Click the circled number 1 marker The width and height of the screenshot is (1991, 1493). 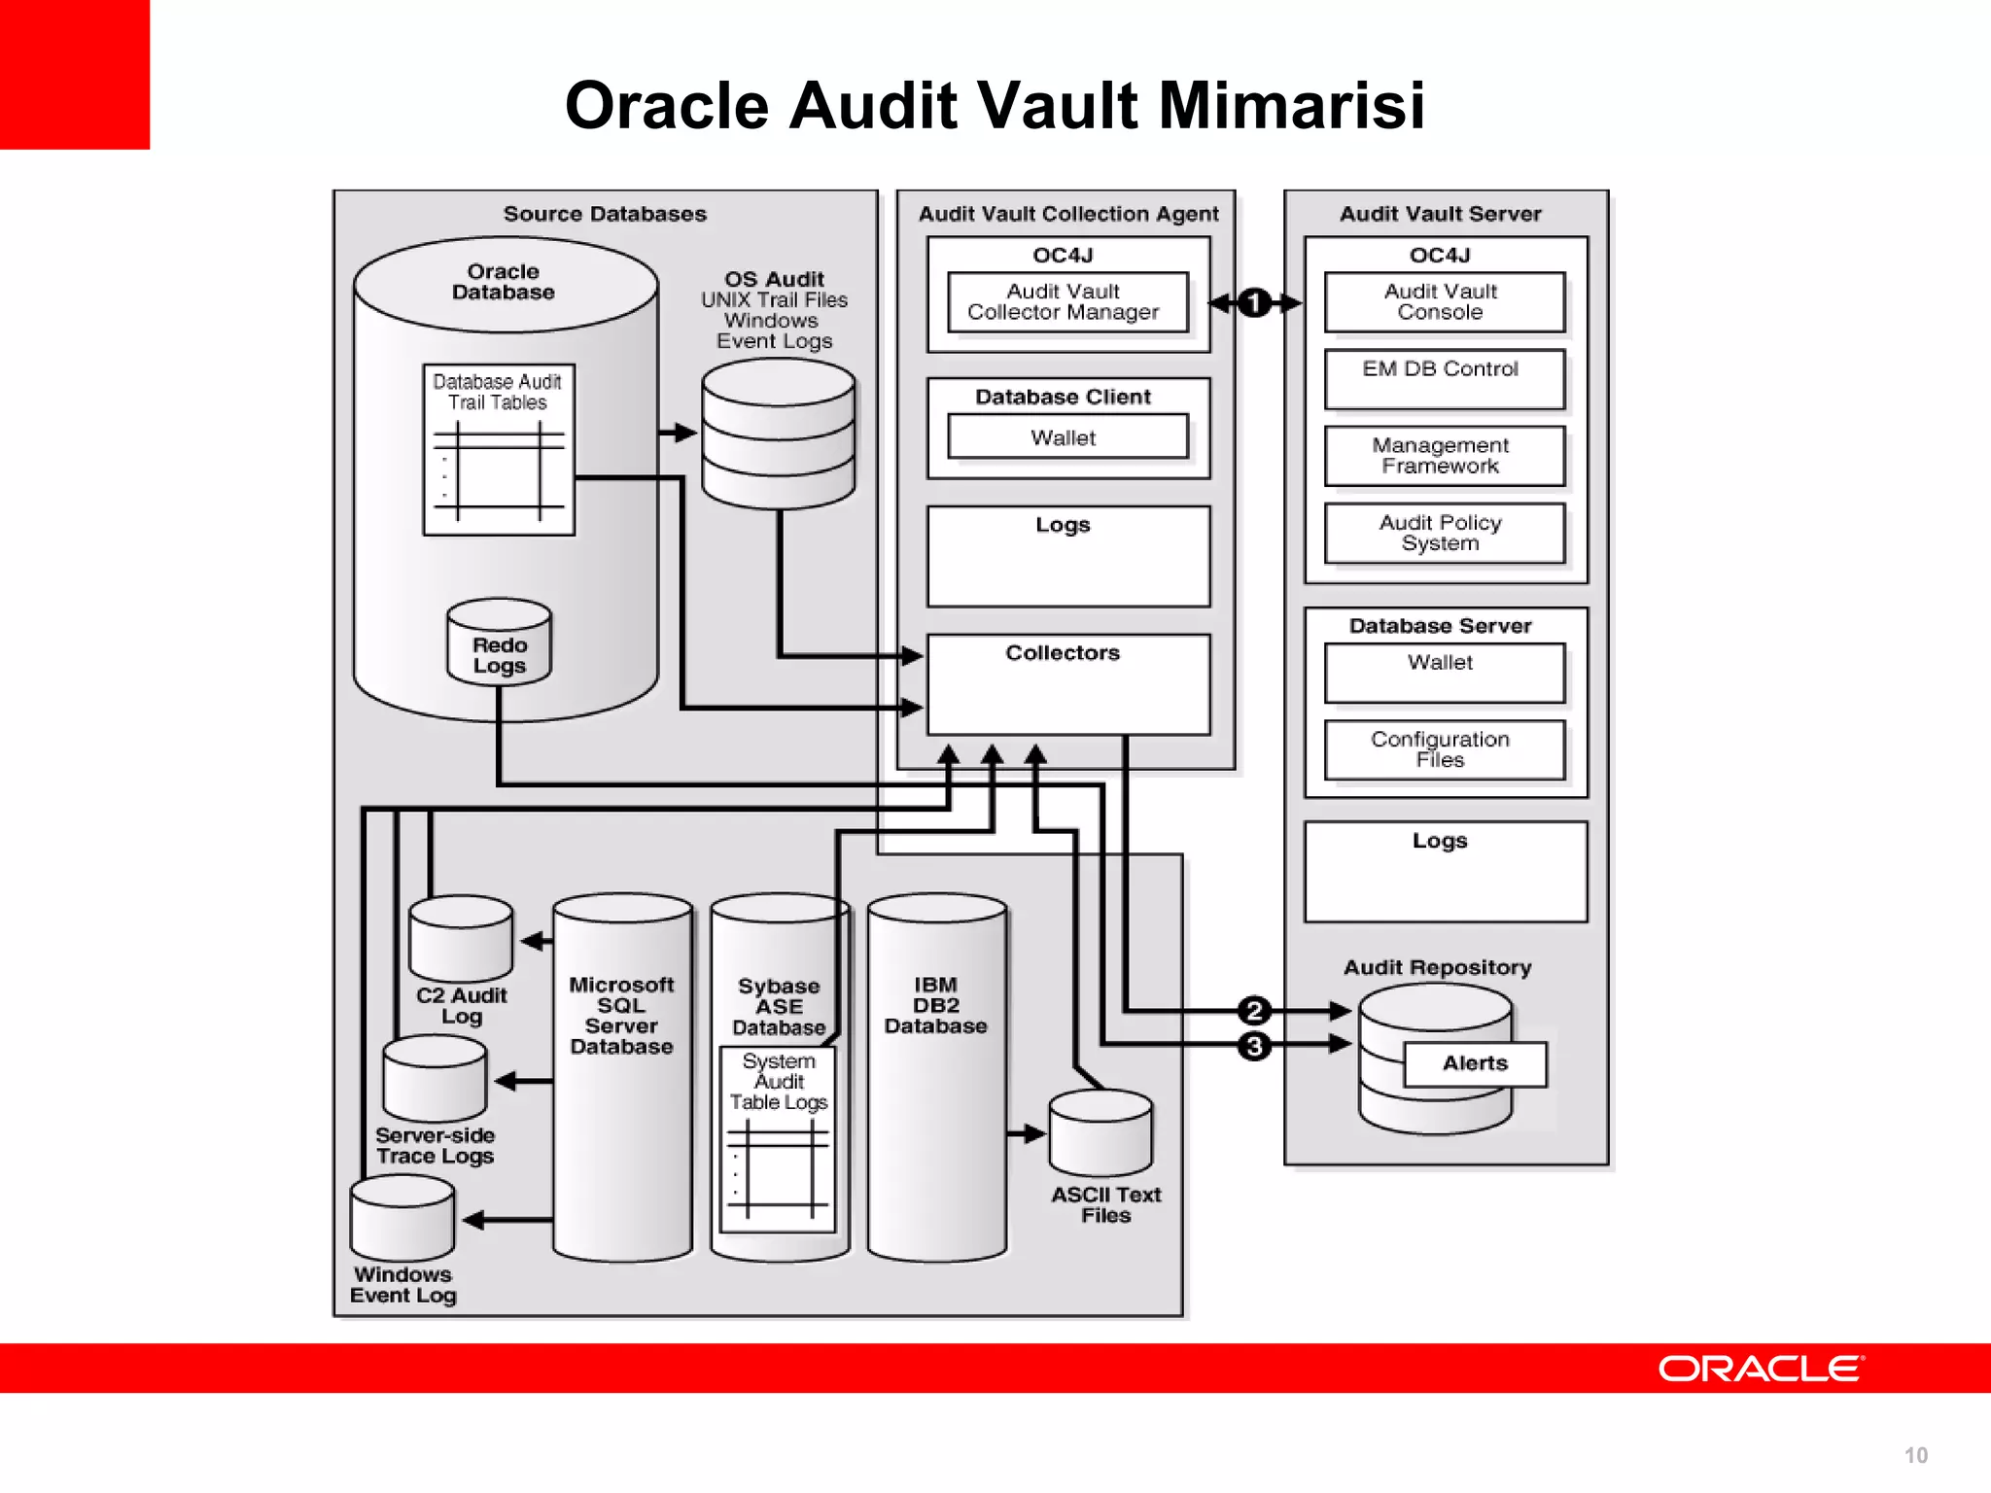point(1254,303)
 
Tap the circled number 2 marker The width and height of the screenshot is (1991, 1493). point(1254,1011)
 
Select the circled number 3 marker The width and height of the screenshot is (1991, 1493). point(1254,1046)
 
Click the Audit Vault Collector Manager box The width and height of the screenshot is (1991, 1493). point(1066,302)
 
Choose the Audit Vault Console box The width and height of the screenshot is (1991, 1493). point(1443,302)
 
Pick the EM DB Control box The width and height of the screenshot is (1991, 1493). point(1443,379)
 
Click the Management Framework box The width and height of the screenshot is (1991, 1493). point(1443,456)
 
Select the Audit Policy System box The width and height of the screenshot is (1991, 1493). point(1443,533)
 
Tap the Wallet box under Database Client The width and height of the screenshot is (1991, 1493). point(1066,437)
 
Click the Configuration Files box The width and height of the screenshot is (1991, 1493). point(1443,749)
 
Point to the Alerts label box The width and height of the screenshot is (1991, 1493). point(1475,1063)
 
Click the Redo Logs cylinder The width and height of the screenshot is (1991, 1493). point(499,644)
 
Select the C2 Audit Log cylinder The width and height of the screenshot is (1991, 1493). point(461,939)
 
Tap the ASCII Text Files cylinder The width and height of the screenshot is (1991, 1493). point(1100,1133)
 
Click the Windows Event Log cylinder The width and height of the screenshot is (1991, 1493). point(402,1219)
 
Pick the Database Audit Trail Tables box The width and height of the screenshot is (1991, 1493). point(499,450)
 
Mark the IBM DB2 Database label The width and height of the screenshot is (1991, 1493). point(935,1006)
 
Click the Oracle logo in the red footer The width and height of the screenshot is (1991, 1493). point(1761,1369)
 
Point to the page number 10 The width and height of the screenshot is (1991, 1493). point(1915,1455)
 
